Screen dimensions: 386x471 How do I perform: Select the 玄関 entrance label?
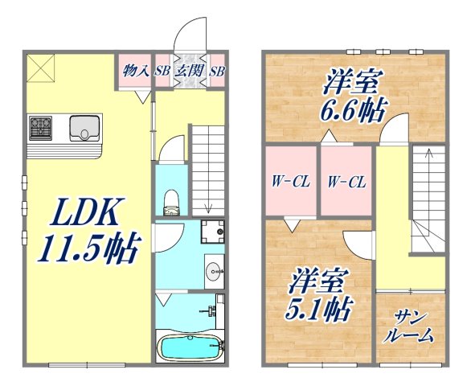coord(189,71)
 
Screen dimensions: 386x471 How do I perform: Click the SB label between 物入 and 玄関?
coord(162,71)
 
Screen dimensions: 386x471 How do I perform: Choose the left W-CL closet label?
coord(290,182)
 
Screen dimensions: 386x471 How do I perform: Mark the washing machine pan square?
coord(212,231)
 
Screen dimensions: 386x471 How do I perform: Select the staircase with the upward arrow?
coord(428,193)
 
